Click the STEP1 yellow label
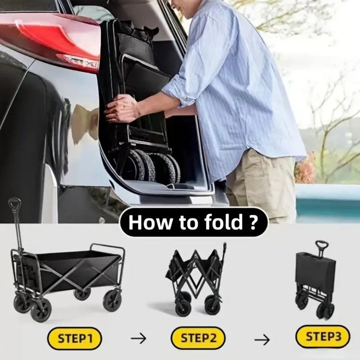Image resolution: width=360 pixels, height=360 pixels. tap(74, 338)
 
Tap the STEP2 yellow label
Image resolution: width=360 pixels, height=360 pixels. tap(198, 338)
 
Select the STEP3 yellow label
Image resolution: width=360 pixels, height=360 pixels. tap(323, 336)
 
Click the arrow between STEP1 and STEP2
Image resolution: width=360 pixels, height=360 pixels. tap(138, 338)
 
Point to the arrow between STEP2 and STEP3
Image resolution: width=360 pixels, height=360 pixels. tap(262, 340)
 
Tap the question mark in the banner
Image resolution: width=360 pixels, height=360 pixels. tap(252, 222)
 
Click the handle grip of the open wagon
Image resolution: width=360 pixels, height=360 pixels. tap(14, 204)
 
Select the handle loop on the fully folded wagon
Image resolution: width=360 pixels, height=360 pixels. tap(321, 245)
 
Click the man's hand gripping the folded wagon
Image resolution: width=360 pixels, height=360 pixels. tap(121, 108)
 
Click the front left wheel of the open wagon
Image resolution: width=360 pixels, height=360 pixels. tap(41, 310)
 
